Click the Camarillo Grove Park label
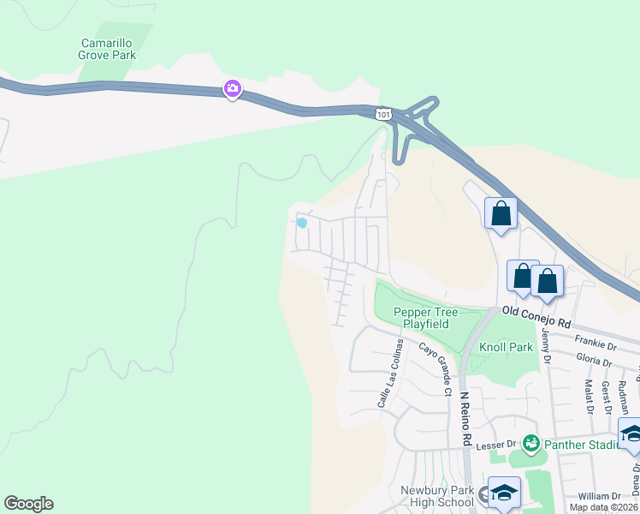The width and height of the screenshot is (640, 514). [x=109, y=49]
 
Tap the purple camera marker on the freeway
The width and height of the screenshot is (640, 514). [x=232, y=88]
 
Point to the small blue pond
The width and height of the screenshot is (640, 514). [x=301, y=223]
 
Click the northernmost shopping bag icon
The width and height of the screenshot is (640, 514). [x=501, y=213]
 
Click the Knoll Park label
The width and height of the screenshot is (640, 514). [x=506, y=347]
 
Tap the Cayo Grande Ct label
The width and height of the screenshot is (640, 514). [x=434, y=369]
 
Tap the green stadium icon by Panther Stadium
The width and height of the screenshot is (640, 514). [x=531, y=443]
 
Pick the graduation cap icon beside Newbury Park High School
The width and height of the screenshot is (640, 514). [x=504, y=493]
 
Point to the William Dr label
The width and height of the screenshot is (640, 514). [x=598, y=496]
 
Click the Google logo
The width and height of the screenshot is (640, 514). [x=29, y=504]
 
